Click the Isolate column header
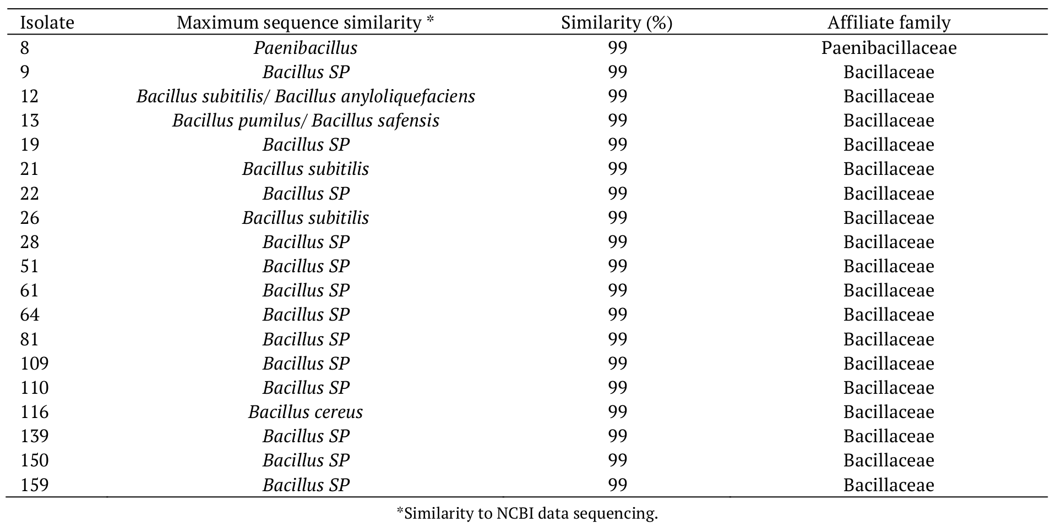(x=47, y=23)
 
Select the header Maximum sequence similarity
(x=305, y=23)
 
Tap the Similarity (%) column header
(x=617, y=23)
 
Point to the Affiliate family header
(x=889, y=23)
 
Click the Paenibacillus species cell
(x=305, y=48)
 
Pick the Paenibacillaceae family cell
(x=889, y=48)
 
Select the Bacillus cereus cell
(x=305, y=412)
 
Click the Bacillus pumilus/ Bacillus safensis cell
(x=305, y=120)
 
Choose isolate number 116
(x=34, y=412)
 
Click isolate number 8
(x=25, y=48)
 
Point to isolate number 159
(x=34, y=485)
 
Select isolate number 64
(x=30, y=315)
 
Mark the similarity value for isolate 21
(x=617, y=169)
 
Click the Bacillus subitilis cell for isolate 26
(x=305, y=218)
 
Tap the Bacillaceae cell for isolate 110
(x=889, y=388)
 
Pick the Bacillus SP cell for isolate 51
(x=306, y=266)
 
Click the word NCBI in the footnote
(x=515, y=514)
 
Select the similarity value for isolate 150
(x=617, y=460)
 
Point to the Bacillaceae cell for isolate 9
(x=889, y=72)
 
